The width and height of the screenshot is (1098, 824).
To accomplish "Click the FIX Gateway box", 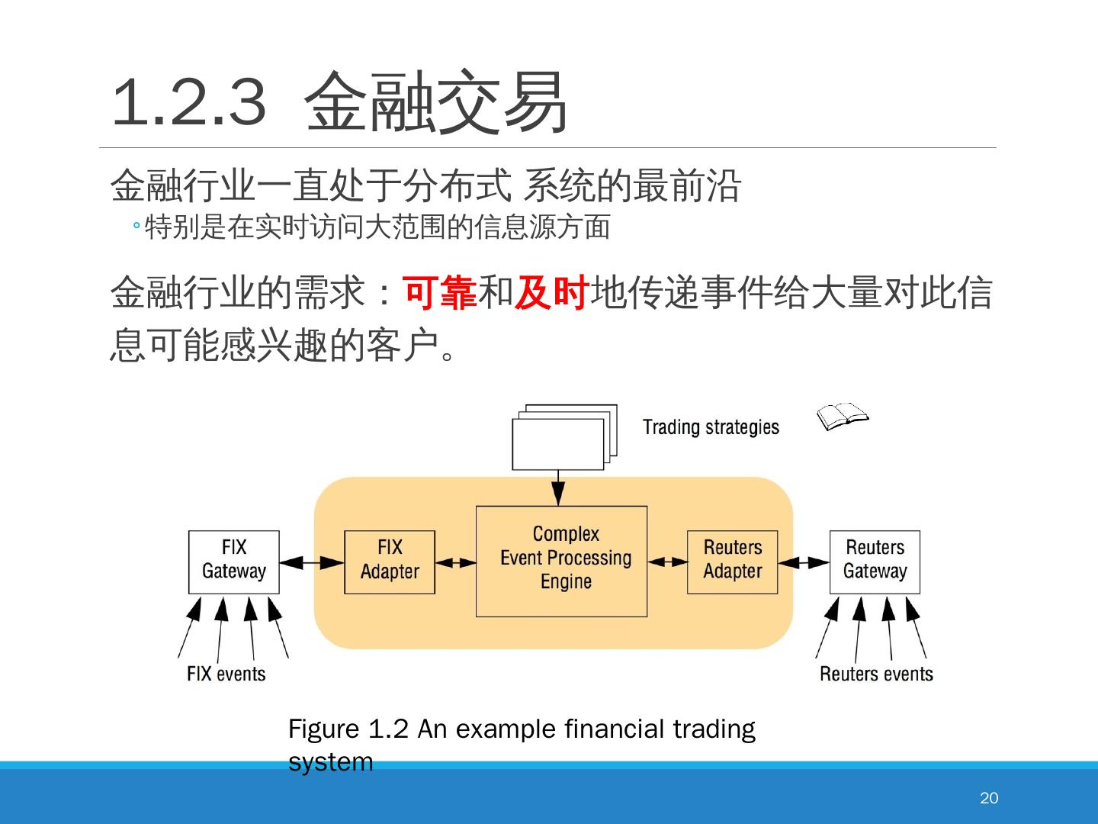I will click(233, 562).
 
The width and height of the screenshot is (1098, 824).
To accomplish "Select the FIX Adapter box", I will click(389, 562).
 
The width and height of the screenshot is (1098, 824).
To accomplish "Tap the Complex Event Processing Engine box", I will click(561, 561).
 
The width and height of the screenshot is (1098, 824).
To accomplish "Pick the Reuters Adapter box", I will click(732, 562).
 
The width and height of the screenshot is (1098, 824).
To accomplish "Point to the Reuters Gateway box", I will click(875, 562).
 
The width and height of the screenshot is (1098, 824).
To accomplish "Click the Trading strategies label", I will click(711, 427).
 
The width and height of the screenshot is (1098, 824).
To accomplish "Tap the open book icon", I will click(842, 417).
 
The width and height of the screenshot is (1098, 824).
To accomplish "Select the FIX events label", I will click(226, 674).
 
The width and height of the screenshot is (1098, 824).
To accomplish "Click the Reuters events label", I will click(876, 674).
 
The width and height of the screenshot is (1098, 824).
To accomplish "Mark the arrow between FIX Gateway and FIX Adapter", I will click(312, 563).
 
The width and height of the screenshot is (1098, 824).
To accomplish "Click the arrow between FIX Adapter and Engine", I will click(455, 563).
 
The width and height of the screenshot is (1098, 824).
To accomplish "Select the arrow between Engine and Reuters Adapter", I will click(667, 562).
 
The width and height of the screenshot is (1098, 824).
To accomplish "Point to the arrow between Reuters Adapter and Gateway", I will click(804, 563).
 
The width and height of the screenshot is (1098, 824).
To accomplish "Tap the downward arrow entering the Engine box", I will click(558, 488).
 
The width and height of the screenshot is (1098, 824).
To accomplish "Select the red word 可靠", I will click(440, 293).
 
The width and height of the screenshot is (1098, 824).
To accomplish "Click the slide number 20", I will click(989, 798).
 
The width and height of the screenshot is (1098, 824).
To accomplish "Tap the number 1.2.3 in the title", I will click(189, 102).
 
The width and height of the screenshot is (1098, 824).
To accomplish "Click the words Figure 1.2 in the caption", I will click(348, 729).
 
